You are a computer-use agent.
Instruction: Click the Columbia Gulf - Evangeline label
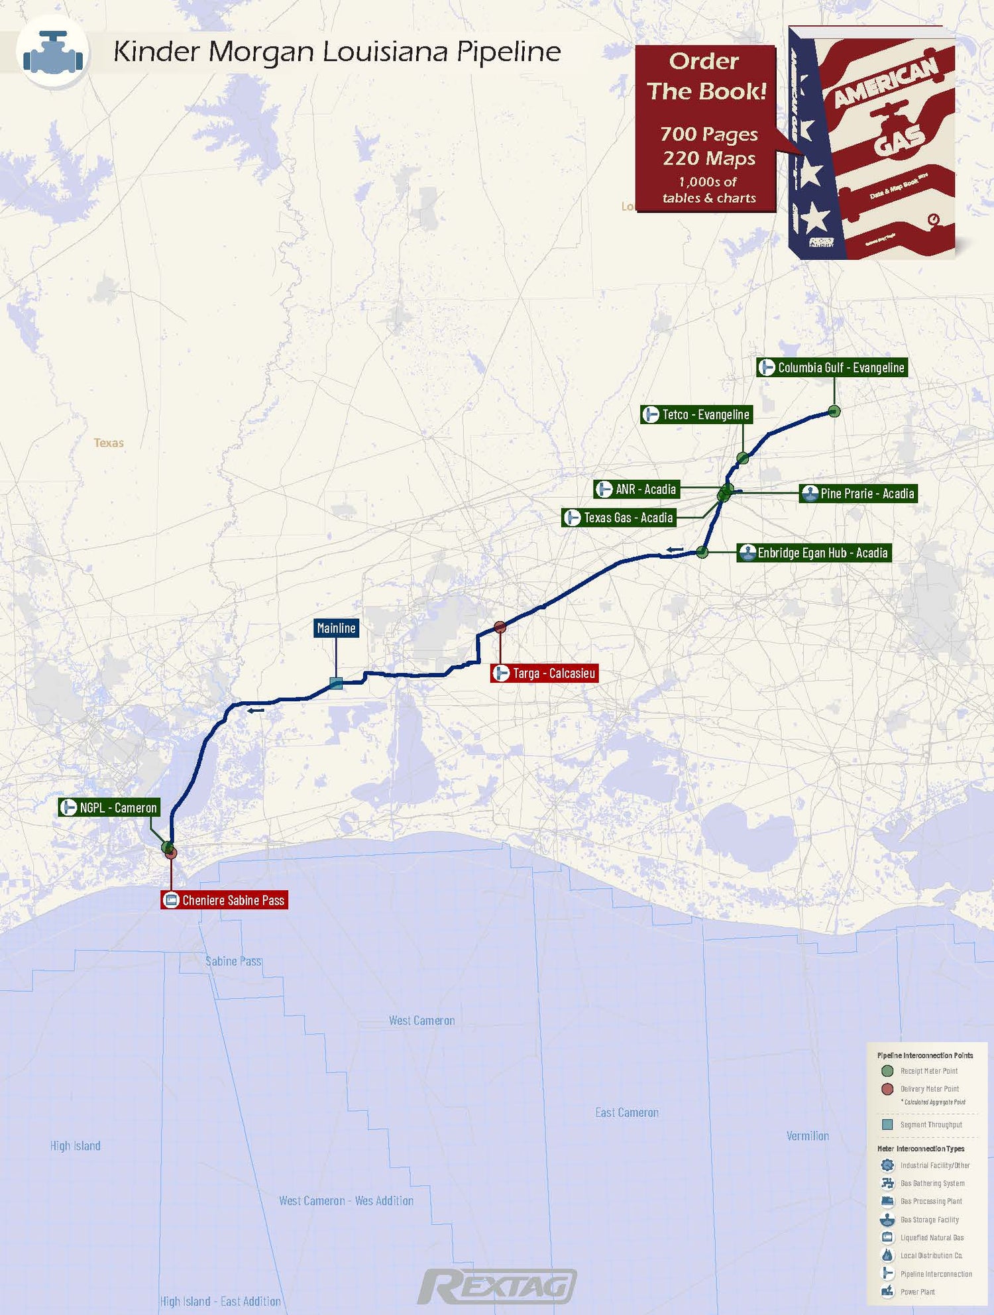point(832,367)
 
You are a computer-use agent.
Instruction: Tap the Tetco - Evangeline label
point(696,414)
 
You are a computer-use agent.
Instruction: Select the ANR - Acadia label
point(636,489)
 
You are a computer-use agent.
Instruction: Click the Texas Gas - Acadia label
point(619,518)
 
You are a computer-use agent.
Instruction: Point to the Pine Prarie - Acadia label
point(858,493)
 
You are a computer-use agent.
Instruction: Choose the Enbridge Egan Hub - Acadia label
point(814,553)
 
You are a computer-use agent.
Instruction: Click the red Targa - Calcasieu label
point(545,673)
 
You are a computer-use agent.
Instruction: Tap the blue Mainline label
point(336,628)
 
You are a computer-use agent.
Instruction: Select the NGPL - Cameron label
point(109,807)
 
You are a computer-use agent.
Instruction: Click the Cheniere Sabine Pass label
point(225,900)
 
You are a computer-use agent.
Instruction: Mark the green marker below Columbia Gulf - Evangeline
point(834,412)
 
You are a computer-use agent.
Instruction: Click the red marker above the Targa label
point(500,627)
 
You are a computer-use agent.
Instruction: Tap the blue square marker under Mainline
point(336,683)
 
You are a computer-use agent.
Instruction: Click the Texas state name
point(109,443)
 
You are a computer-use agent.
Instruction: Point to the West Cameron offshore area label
point(421,1021)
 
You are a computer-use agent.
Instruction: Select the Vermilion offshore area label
point(807,1136)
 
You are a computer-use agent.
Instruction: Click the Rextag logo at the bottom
point(497,1286)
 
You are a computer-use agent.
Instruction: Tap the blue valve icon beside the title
point(53,53)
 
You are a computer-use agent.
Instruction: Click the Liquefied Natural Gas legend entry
point(932,1237)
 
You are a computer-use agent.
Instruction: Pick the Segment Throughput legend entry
point(930,1125)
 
